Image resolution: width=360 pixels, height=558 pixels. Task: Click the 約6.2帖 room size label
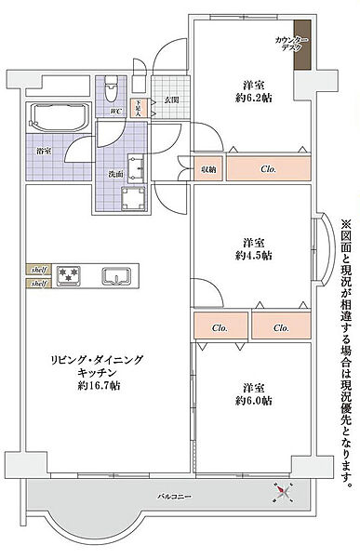(253, 98)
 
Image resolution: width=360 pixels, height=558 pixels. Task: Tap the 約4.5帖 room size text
(253, 254)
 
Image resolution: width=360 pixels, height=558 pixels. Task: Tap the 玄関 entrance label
(171, 100)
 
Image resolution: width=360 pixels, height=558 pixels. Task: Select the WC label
(116, 112)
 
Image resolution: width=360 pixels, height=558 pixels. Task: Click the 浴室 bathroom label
(43, 149)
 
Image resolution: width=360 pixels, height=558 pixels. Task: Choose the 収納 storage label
(207, 168)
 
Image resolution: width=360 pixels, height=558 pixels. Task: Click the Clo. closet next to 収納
(267, 169)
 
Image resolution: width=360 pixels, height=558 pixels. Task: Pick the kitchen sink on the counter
(116, 276)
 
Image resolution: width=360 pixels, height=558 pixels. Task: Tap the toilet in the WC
(111, 89)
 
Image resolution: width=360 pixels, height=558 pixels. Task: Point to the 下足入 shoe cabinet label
(137, 107)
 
